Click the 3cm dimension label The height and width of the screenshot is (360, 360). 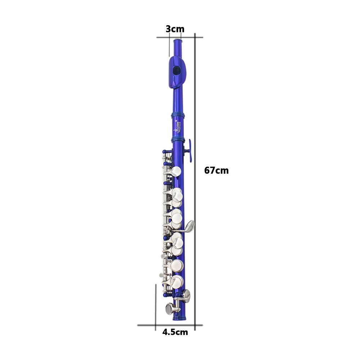point(175,29)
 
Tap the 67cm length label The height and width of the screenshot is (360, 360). point(216,171)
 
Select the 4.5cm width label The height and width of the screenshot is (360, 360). point(175,332)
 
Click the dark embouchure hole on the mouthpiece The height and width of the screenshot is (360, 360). point(176,71)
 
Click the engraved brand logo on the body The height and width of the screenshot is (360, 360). point(178,127)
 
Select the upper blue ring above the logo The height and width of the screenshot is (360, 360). point(178,115)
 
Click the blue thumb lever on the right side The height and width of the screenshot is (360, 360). point(190,150)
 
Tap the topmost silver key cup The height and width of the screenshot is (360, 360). point(176,171)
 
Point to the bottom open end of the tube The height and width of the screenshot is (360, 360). point(180,319)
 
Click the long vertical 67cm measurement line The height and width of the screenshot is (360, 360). point(195,180)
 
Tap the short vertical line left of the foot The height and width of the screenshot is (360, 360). point(156,306)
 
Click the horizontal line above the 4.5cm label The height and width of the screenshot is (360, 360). point(169,325)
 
